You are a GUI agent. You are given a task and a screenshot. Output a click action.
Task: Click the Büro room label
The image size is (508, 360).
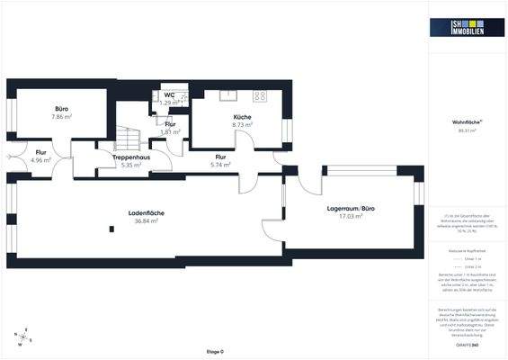pos(60,108)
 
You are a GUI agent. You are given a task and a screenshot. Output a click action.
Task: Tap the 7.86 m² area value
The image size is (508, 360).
pos(61,117)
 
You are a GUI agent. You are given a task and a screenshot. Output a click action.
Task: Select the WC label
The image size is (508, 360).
pos(169,94)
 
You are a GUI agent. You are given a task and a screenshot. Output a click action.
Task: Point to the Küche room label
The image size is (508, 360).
pos(242,117)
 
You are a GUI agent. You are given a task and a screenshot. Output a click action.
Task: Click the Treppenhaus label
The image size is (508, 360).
pos(131,157)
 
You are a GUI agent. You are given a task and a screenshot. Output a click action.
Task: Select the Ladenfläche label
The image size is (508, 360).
pos(145,212)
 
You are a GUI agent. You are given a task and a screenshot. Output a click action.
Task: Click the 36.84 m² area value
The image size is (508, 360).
pos(146,220)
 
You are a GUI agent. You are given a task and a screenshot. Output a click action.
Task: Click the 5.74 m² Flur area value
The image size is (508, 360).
pos(221,166)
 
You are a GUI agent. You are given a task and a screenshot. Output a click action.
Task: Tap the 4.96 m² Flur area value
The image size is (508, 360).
pos(41,160)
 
